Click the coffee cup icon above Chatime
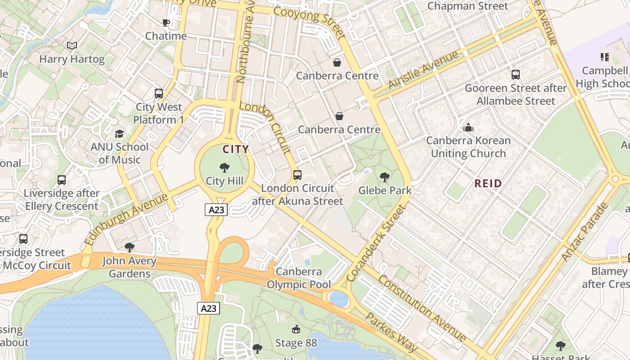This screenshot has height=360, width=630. point(166,22)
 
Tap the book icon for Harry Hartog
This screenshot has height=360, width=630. point(72,45)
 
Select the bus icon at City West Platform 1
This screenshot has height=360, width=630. point(159,94)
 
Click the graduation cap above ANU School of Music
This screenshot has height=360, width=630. point(119,134)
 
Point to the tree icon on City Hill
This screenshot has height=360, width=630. point(224,168)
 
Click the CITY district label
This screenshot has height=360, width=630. point(235,149)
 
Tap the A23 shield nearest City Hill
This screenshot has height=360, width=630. point(216,209)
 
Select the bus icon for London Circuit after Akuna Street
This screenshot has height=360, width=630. point(297,175)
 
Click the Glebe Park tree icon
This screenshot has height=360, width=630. point(384,177)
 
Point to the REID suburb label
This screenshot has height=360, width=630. point(488,183)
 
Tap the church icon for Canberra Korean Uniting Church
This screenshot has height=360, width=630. point(468,127)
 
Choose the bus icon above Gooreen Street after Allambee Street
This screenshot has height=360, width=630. point(516,75)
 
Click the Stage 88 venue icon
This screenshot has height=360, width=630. point(296,330)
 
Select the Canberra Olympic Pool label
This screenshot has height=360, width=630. point(299,278)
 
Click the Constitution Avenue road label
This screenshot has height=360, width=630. point(423,308)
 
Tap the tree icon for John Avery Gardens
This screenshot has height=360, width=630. point(130,247)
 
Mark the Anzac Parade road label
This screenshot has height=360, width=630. point(585,232)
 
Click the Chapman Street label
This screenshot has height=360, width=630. point(468,6)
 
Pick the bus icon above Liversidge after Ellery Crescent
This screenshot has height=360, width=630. point(62,180)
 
